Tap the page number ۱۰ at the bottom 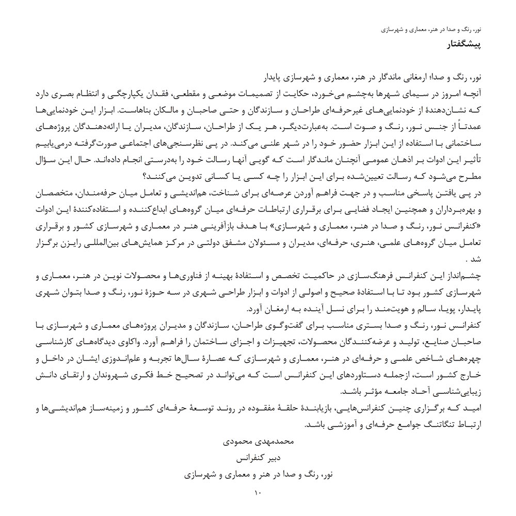pyautogui.click(x=258, y=493)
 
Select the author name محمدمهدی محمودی pyautogui.click(x=257, y=442)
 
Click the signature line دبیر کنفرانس pyautogui.click(x=257, y=458)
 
